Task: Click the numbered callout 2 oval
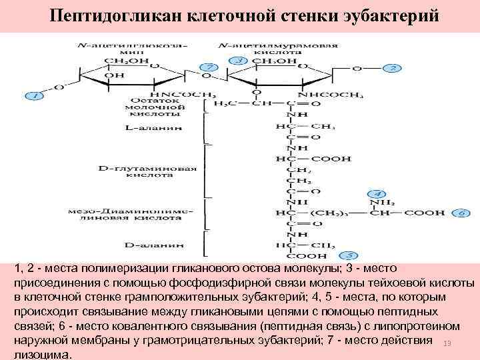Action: (x=393, y=68)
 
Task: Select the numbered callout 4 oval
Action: (x=377, y=192)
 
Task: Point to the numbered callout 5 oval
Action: (x=349, y=255)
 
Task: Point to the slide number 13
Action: (x=447, y=343)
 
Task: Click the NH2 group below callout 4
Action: (x=384, y=202)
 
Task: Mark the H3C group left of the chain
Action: (x=224, y=104)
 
